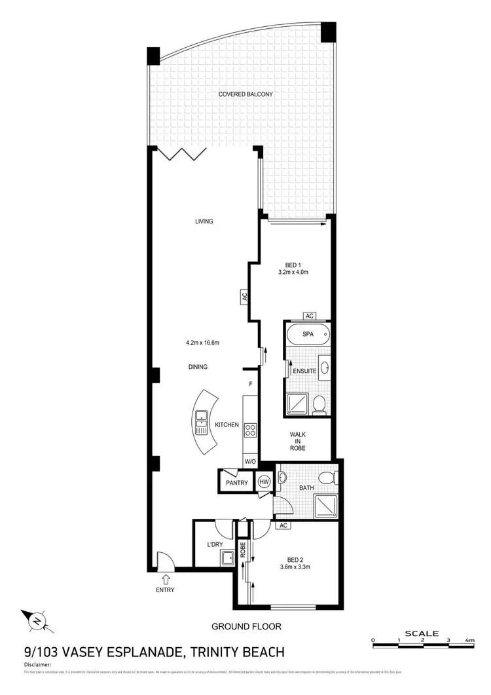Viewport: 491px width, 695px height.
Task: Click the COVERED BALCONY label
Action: point(245,94)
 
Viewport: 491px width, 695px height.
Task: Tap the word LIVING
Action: point(204,221)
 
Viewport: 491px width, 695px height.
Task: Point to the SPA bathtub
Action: point(308,334)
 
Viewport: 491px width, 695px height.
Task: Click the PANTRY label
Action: point(236,483)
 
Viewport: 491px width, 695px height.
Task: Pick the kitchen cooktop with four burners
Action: point(250,430)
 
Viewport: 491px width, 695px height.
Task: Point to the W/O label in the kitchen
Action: point(249,461)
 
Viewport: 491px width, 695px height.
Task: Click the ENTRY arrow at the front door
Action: point(165,578)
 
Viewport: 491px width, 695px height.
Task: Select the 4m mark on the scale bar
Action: point(469,639)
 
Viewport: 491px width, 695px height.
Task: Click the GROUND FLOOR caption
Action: point(246,626)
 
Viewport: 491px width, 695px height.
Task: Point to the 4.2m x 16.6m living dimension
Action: point(202,343)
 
